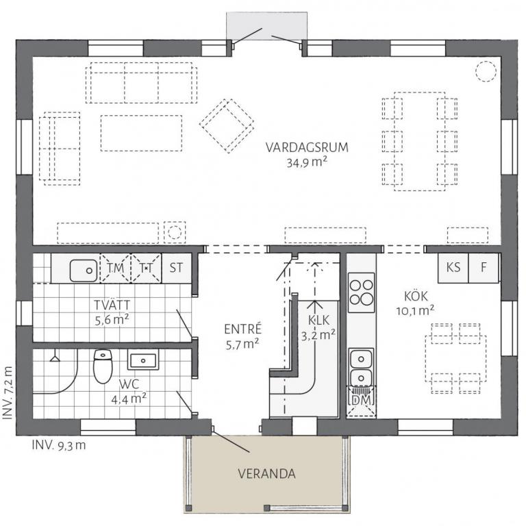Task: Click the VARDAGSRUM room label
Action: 307,148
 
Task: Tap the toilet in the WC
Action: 103,366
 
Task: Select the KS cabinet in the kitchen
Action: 453,268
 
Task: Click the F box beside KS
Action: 484,268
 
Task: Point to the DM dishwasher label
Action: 362,400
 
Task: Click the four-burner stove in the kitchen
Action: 361,292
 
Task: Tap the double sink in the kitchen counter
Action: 361,368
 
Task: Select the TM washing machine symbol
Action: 115,268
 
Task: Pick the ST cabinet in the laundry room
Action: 176,268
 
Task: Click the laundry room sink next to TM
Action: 84,271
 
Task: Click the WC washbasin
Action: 143,361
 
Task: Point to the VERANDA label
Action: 266,474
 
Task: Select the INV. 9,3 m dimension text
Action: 59,445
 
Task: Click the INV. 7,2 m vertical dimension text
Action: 8,392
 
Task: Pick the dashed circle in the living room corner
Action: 486,71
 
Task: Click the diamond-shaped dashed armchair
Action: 227,125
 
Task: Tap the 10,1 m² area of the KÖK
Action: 415,311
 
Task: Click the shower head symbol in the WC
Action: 55,357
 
